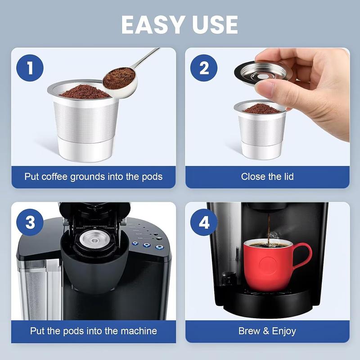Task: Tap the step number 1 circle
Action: click(x=30, y=68)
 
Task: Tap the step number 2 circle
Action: click(x=204, y=68)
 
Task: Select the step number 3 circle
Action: click(x=30, y=223)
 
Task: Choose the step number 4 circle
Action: click(x=204, y=223)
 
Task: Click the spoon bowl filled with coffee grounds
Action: click(x=119, y=78)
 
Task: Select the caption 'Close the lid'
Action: click(x=267, y=176)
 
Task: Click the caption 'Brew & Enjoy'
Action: click(x=267, y=331)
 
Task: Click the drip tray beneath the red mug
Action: click(x=270, y=299)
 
